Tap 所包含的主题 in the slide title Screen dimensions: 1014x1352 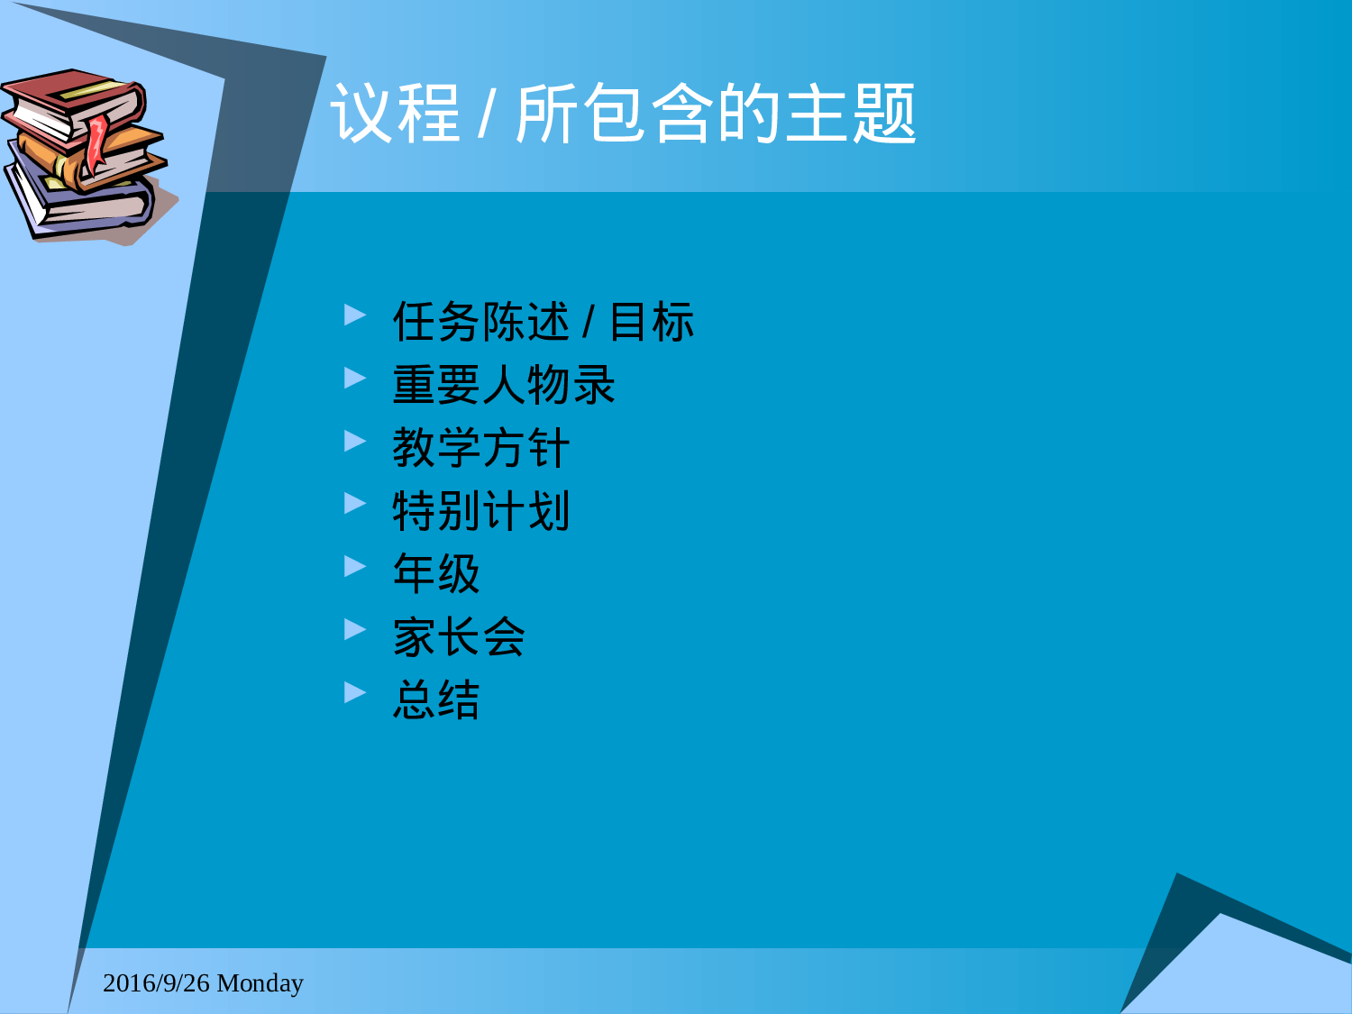coord(716,114)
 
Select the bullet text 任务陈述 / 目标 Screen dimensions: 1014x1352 coord(543,322)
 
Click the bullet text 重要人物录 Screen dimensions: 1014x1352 coord(504,385)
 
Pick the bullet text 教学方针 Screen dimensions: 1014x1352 coord(481,448)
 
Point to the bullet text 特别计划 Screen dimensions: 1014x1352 coord(481,511)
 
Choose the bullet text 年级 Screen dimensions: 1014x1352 coord(436,574)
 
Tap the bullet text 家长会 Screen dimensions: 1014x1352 coord(459,637)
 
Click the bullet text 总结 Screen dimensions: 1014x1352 coord(436,700)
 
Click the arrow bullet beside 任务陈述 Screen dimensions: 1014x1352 coord(355,315)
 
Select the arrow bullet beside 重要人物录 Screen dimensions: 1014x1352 coord(355,378)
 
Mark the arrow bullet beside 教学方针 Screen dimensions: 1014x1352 coord(355,441)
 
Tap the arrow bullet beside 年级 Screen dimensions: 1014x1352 coord(355,566)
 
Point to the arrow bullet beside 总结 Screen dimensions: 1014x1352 coord(355,692)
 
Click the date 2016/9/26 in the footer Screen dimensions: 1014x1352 coord(156,982)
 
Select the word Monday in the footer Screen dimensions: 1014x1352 coord(260,982)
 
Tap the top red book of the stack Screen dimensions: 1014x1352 coord(72,99)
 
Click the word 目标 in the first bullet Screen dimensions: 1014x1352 coord(652,322)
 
